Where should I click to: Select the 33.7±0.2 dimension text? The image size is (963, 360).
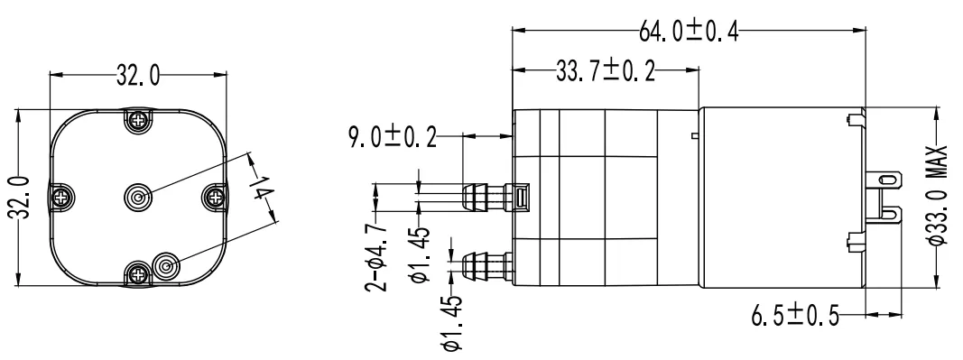(605, 71)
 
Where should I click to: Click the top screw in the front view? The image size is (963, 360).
(138, 118)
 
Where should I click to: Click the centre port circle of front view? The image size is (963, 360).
(138, 196)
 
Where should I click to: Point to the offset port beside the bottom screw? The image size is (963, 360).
(165, 266)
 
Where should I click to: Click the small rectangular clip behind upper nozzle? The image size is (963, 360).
(521, 197)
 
